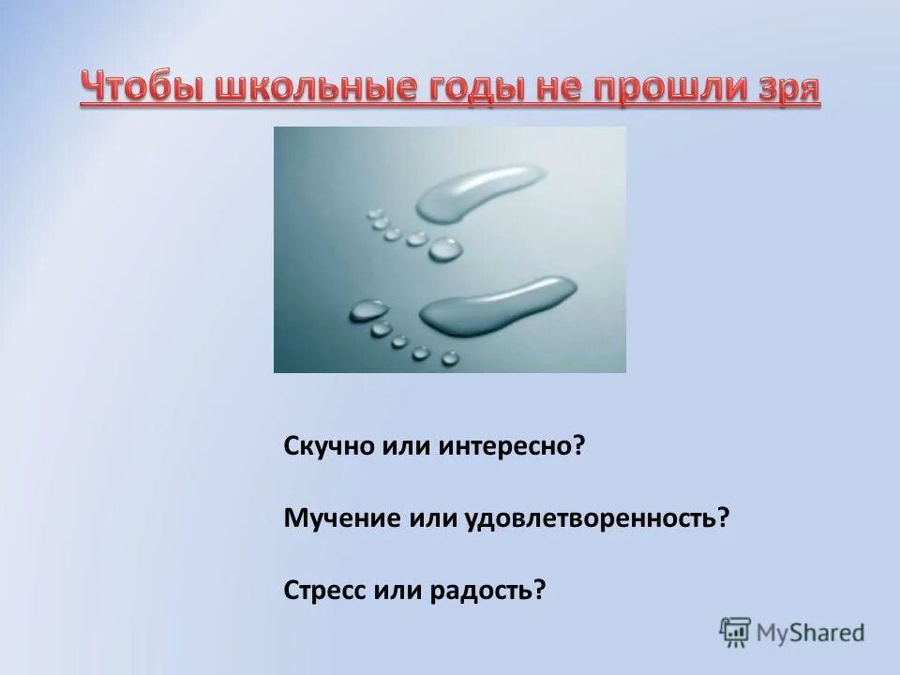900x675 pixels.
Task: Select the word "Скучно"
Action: pyautogui.click(x=329, y=447)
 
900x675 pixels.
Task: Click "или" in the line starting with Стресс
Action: pyautogui.click(x=399, y=590)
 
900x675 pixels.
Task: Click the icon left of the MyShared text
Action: pyautogui.click(x=735, y=633)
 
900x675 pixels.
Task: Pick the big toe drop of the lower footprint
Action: pyautogui.click(x=367, y=309)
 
